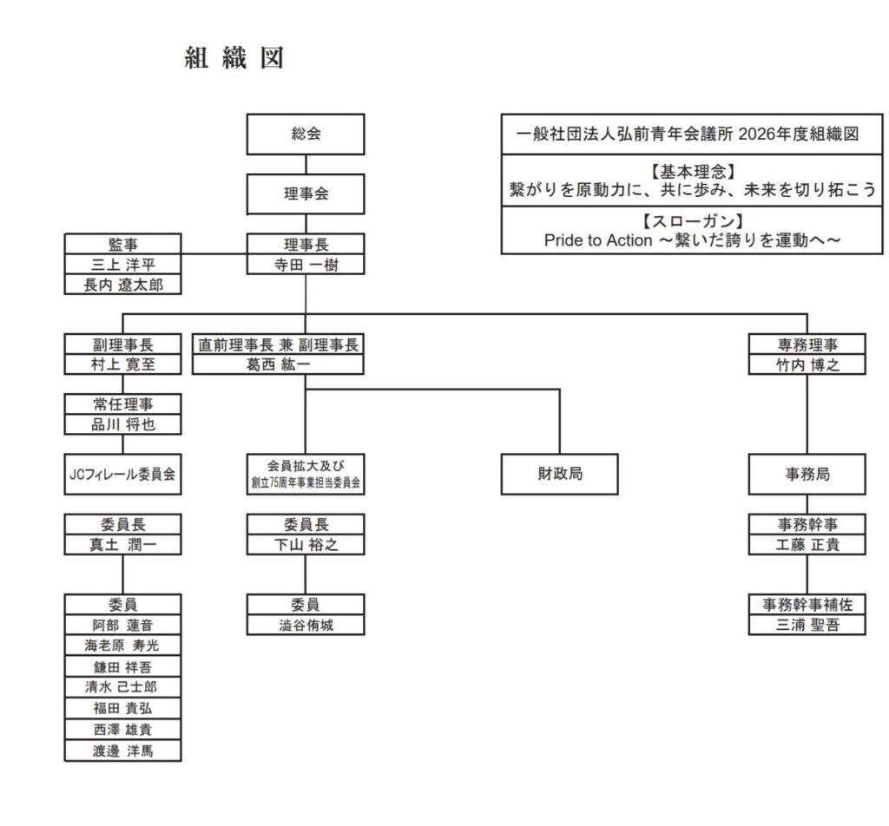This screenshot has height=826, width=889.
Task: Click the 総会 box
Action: click(x=305, y=134)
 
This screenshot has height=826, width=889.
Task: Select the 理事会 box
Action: click(x=305, y=194)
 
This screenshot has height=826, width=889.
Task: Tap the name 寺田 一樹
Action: click(x=305, y=265)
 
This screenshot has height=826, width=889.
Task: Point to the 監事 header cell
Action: click(x=122, y=245)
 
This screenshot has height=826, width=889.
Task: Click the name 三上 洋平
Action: click(x=122, y=265)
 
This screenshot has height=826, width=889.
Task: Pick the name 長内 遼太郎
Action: click(x=122, y=285)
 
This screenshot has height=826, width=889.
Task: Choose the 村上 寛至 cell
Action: click(x=122, y=364)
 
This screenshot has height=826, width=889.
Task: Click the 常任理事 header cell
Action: click(x=122, y=404)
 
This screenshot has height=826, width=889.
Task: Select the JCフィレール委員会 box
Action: click(x=122, y=474)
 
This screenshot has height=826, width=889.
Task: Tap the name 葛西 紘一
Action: click(x=278, y=364)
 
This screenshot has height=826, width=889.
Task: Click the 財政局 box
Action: click(x=560, y=474)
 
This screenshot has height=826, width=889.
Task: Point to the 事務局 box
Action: click(x=807, y=474)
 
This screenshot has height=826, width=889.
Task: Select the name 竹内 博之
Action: click(x=807, y=364)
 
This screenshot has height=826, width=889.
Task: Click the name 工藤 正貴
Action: click(x=807, y=545)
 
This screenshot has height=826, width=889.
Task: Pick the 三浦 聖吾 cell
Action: click(x=807, y=625)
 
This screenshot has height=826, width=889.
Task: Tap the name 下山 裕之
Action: click(x=305, y=545)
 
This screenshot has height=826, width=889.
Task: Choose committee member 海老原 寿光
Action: click(x=122, y=646)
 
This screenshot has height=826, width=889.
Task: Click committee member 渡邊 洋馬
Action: click(x=122, y=751)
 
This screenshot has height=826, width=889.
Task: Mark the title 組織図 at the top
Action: click(x=234, y=58)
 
